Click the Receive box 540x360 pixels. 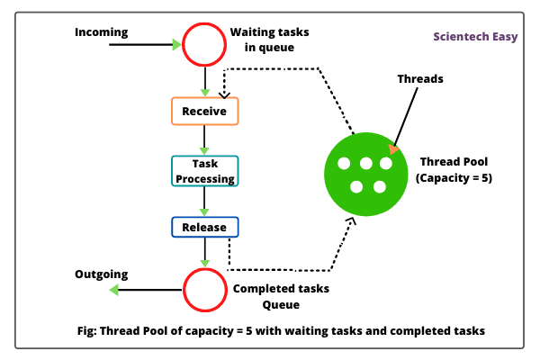click(x=204, y=112)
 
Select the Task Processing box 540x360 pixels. click(x=204, y=171)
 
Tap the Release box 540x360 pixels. click(x=204, y=227)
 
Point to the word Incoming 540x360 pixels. click(x=102, y=32)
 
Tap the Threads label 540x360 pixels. click(x=420, y=79)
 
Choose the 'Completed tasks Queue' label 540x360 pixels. click(x=281, y=296)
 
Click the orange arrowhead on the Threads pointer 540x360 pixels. click(x=392, y=149)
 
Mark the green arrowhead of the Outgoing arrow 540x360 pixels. click(x=113, y=290)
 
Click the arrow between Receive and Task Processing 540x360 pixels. click(x=204, y=140)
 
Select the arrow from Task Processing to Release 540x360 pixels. click(x=204, y=202)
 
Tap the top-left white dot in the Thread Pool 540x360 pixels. click(x=343, y=164)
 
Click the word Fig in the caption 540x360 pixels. click(x=87, y=330)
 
